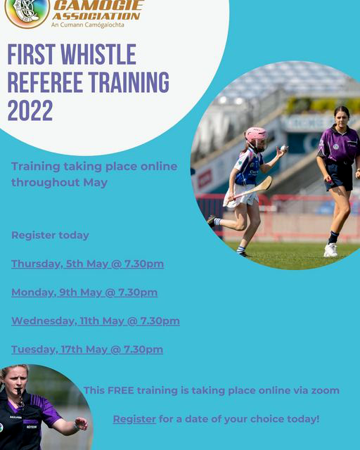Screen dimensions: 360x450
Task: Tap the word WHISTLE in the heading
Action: click(x=98, y=55)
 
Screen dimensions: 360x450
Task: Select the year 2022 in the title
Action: click(x=30, y=110)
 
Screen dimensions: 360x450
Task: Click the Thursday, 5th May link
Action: click(x=88, y=264)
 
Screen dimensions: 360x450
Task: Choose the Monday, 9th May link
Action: click(x=84, y=292)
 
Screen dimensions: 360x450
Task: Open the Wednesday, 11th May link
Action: click(x=96, y=321)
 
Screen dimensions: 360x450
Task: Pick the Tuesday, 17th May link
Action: click(x=87, y=350)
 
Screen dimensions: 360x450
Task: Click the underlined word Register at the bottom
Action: click(x=134, y=419)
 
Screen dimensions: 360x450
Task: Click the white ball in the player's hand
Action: click(x=283, y=148)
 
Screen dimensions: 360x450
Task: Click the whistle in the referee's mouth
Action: click(x=19, y=392)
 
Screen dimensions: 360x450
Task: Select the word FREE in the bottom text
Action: click(x=120, y=391)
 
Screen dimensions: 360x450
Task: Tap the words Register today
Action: click(x=50, y=236)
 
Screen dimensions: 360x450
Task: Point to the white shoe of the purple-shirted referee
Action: click(x=330, y=250)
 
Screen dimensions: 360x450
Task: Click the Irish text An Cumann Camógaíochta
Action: click(x=88, y=25)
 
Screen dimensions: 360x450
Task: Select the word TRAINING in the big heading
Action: click(x=129, y=82)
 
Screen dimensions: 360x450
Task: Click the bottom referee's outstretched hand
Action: click(x=81, y=424)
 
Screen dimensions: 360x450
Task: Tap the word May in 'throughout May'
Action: click(x=96, y=183)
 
